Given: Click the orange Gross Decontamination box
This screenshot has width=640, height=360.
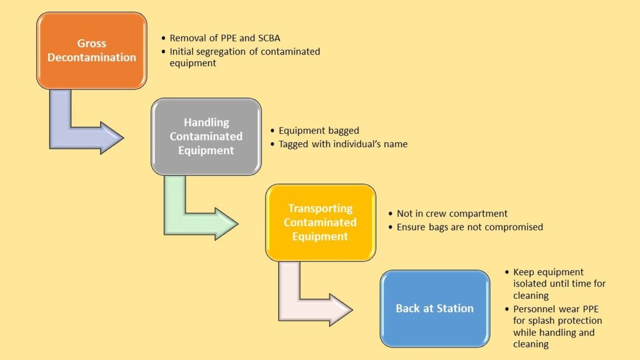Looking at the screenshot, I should click(92, 50).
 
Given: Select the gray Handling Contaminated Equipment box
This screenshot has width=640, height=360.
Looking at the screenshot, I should click(206, 136).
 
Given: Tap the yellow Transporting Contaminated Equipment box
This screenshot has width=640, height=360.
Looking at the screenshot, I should click(320, 222).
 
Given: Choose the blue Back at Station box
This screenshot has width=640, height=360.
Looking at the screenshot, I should click(435, 308).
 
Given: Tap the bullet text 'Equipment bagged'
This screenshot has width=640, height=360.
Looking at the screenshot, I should click(319, 131).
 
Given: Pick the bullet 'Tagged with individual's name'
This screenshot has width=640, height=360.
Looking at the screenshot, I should click(343, 144).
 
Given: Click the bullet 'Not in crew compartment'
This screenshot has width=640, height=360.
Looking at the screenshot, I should click(452, 214).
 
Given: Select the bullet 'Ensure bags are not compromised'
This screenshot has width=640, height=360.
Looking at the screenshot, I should click(470, 227).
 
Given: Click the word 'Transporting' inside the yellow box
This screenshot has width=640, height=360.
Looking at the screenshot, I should click(320, 208).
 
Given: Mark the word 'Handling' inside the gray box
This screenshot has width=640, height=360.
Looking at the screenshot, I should click(206, 122).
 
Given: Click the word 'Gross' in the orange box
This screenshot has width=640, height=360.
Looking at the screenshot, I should click(92, 44).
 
